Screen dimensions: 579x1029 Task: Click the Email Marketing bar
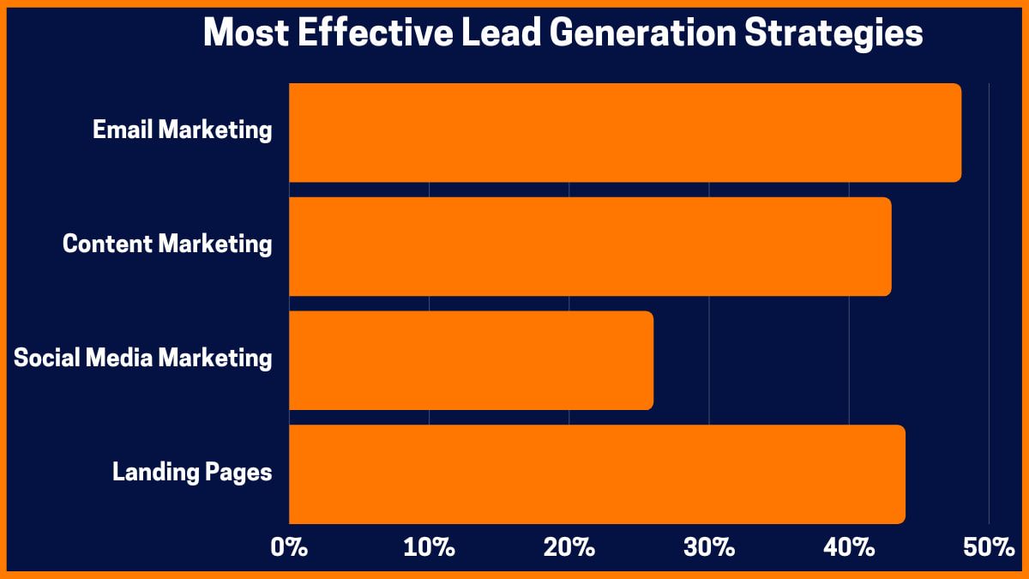coord(624,132)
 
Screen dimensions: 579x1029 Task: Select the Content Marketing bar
coord(590,246)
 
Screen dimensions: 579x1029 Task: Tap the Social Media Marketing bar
coord(471,360)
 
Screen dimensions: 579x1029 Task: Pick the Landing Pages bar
coord(597,473)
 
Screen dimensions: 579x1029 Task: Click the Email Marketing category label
coord(182,130)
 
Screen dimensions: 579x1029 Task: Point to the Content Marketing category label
coord(167,244)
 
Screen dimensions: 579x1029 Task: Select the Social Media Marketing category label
coord(142,358)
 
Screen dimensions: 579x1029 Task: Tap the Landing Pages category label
coord(192,472)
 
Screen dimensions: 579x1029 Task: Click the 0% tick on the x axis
coord(289,548)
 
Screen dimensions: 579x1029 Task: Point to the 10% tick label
coord(429,548)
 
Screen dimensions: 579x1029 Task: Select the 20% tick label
coord(569,548)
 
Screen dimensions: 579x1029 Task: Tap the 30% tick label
coord(709,548)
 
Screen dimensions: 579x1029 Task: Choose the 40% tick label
coord(849,548)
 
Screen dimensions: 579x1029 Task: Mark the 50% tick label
coord(988,548)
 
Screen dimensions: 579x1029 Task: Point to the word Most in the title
coord(239,33)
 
